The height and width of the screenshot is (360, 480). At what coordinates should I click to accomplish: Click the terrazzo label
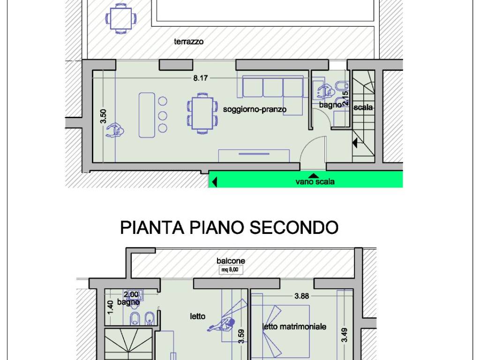[x=189, y=42]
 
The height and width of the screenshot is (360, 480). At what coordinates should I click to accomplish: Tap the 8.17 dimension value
[x=200, y=78]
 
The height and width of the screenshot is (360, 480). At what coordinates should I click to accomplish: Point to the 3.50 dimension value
[x=104, y=116]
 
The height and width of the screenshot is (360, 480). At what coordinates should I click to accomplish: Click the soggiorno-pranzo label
[x=255, y=110]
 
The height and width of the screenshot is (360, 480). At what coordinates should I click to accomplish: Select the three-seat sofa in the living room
[x=272, y=88]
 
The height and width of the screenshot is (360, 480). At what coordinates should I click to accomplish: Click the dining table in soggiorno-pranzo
[x=202, y=113]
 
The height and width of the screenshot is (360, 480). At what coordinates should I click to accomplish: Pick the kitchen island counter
[x=146, y=115]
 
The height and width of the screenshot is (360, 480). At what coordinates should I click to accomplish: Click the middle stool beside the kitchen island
[x=163, y=115]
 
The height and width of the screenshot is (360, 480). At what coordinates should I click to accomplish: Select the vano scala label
[x=315, y=182]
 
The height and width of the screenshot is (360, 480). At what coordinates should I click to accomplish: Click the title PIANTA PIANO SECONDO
[x=229, y=227]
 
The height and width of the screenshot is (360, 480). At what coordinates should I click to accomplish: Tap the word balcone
[x=231, y=261]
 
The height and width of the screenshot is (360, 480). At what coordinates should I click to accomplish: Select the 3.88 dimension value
[x=302, y=296]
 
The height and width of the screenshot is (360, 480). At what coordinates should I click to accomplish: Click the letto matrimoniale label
[x=294, y=326]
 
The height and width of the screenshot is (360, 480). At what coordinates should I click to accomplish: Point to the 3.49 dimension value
[x=344, y=335]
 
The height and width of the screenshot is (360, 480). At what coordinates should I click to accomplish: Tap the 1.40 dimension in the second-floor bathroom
[x=110, y=307]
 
